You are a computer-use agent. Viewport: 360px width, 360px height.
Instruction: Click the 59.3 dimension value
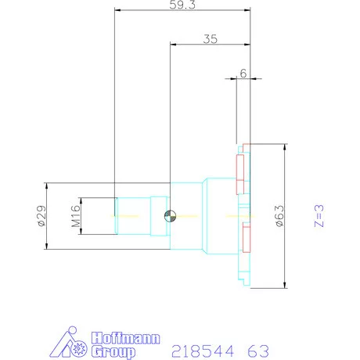(182, 4)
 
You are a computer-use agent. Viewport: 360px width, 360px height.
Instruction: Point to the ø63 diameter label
(279, 215)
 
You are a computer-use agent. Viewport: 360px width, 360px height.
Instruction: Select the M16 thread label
(77, 216)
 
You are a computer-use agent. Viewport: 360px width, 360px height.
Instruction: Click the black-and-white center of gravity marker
(170, 216)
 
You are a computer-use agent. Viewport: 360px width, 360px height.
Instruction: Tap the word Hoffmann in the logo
(125, 340)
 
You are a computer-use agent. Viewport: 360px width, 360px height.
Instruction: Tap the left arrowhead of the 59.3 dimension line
(117, 10)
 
